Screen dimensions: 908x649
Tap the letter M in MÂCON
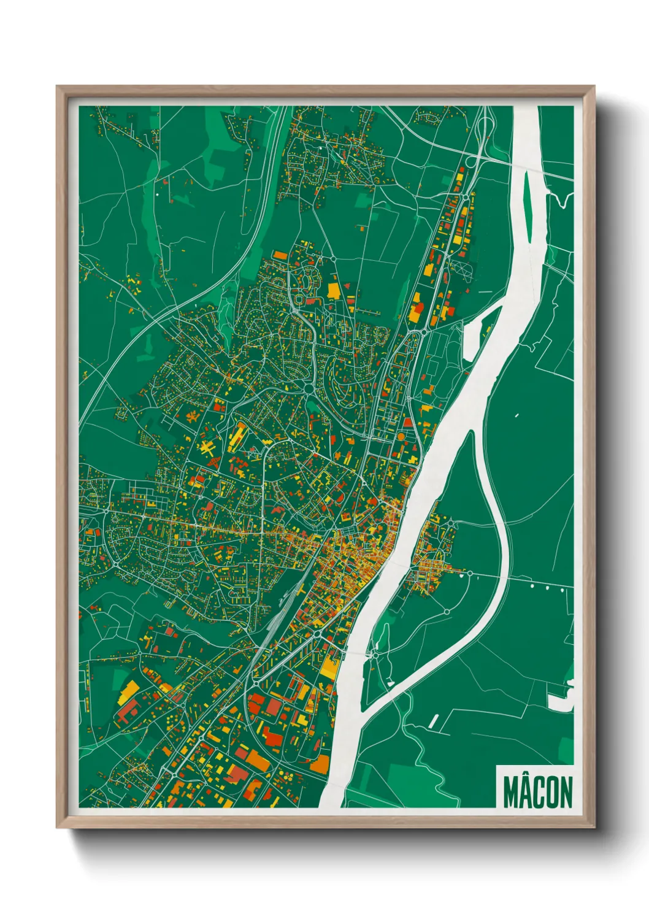pos(510,792)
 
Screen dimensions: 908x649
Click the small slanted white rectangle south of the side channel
pos(434,721)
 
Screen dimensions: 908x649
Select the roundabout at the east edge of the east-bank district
pos(470,573)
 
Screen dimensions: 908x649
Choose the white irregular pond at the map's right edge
pos(561,699)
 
